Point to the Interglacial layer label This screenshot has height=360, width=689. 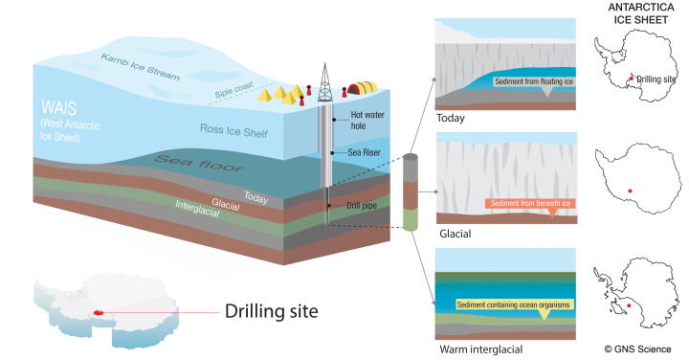202,209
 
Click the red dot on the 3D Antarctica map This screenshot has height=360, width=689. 98,312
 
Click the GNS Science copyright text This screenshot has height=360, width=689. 636,349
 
